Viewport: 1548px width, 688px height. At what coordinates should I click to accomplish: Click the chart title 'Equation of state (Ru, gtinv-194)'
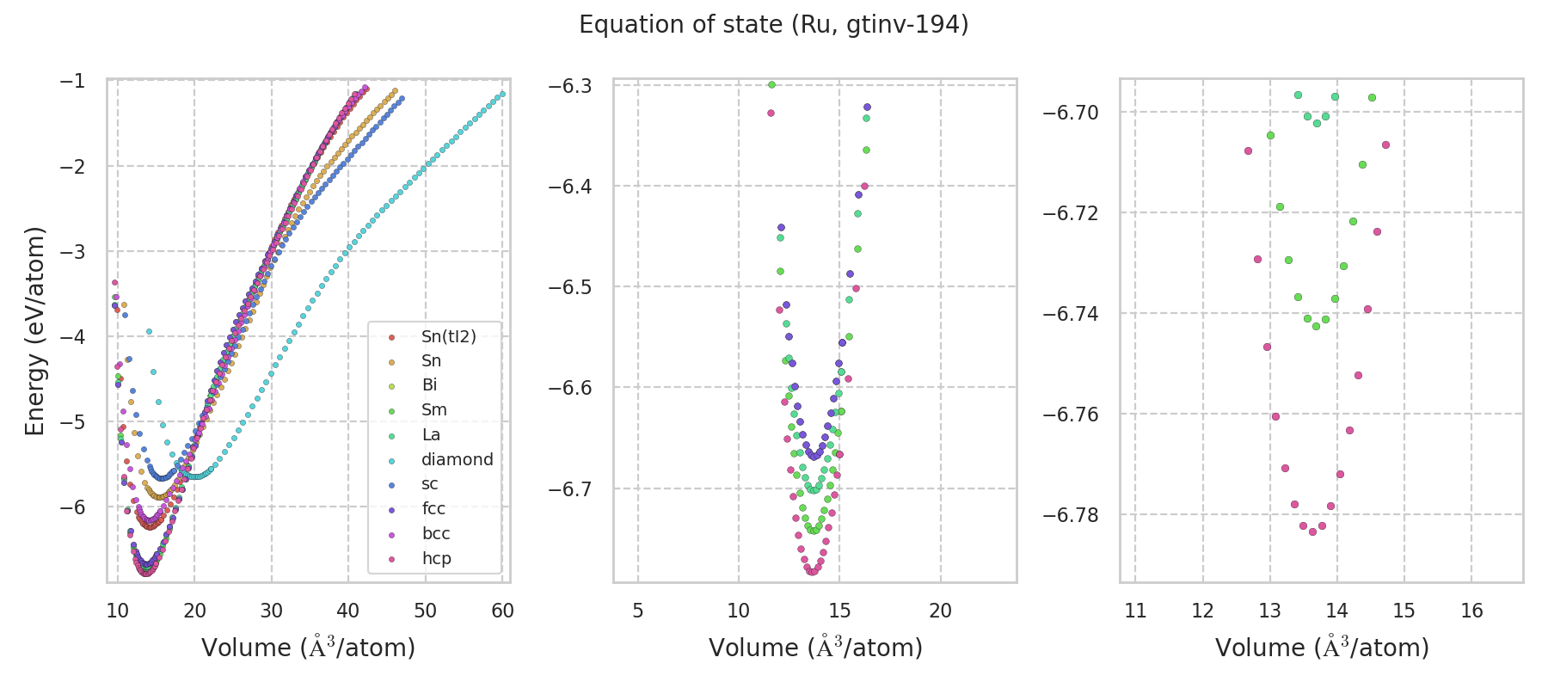pyautogui.click(x=773, y=25)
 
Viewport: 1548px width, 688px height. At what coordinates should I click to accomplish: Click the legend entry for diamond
pyautogui.click(x=457, y=459)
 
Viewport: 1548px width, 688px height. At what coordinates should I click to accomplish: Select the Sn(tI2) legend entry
pyautogui.click(x=448, y=336)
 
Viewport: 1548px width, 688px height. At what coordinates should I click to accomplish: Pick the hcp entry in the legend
pyautogui.click(x=436, y=558)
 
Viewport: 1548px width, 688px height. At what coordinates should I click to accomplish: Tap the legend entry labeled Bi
pyautogui.click(x=429, y=385)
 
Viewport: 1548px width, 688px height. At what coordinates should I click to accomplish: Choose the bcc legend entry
pyautogui.click(x=436, y=533)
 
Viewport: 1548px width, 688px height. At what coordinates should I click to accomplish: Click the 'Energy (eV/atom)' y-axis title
pyautogui.click(x=34, y=331)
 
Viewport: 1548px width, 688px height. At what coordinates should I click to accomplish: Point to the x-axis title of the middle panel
pyautogui.click(x=815, y=648)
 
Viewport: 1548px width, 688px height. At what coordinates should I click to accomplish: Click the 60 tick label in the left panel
pyautogui.click(x=502, y=611)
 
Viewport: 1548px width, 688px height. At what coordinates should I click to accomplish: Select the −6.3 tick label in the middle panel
pyautogui.click(x=570, y=86)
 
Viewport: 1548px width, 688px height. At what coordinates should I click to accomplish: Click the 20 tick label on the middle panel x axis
pyautogui.click(x=941, y=611)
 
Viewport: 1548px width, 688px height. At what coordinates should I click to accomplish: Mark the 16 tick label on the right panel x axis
pyautogui.click(x=1471, y=611)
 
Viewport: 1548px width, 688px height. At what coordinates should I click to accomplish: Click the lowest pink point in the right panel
pyautogui.click(x=1312, y=531)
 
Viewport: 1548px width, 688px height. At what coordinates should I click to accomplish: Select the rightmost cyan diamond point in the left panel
pyautogui.click(x=502, y=94)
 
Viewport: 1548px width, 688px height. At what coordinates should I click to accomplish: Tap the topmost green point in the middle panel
pyautogui.click(x=771, y=84)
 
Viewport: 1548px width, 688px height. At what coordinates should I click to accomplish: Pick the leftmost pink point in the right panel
pyautogui.click(x=1248, y=150)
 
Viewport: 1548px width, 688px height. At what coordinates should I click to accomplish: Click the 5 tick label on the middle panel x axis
pyautogui.click(x=637, y=611)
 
